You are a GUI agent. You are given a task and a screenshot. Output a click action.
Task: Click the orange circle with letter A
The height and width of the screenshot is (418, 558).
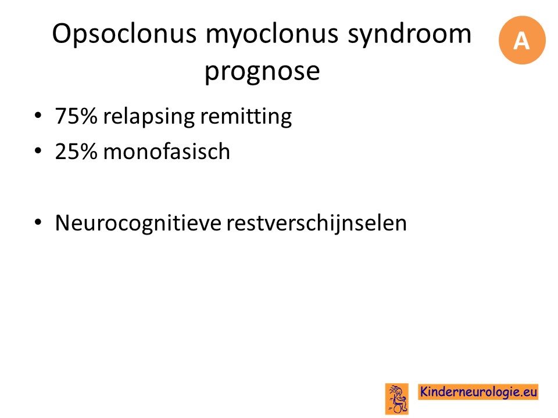point(522,40)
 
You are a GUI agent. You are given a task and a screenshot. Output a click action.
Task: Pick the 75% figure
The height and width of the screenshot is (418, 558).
point(76,116)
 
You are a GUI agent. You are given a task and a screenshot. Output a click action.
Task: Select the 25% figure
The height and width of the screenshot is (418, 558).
point(76,152)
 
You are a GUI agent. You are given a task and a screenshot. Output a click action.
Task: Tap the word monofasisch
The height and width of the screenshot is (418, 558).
point(167,151)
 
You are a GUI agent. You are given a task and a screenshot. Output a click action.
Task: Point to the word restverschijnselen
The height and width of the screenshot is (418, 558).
point(316,223)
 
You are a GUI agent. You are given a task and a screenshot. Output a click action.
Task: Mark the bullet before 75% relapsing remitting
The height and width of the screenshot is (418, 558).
point(38,116)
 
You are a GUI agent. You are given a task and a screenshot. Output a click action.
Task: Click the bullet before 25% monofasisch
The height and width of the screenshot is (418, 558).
point(38,152)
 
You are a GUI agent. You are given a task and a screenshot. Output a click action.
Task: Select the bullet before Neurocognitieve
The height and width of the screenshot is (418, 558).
point(38,223)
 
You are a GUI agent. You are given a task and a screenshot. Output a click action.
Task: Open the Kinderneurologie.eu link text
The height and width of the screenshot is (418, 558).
point(478,392)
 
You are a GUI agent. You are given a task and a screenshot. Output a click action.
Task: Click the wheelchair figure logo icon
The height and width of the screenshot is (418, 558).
point(397,399)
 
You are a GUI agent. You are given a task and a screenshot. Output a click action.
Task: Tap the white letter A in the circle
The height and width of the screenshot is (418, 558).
point(521,41)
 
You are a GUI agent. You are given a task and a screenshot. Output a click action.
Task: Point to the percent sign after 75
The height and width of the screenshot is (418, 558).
point(87,116)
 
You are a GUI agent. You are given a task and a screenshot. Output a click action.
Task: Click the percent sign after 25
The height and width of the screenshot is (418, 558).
point(87,152)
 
